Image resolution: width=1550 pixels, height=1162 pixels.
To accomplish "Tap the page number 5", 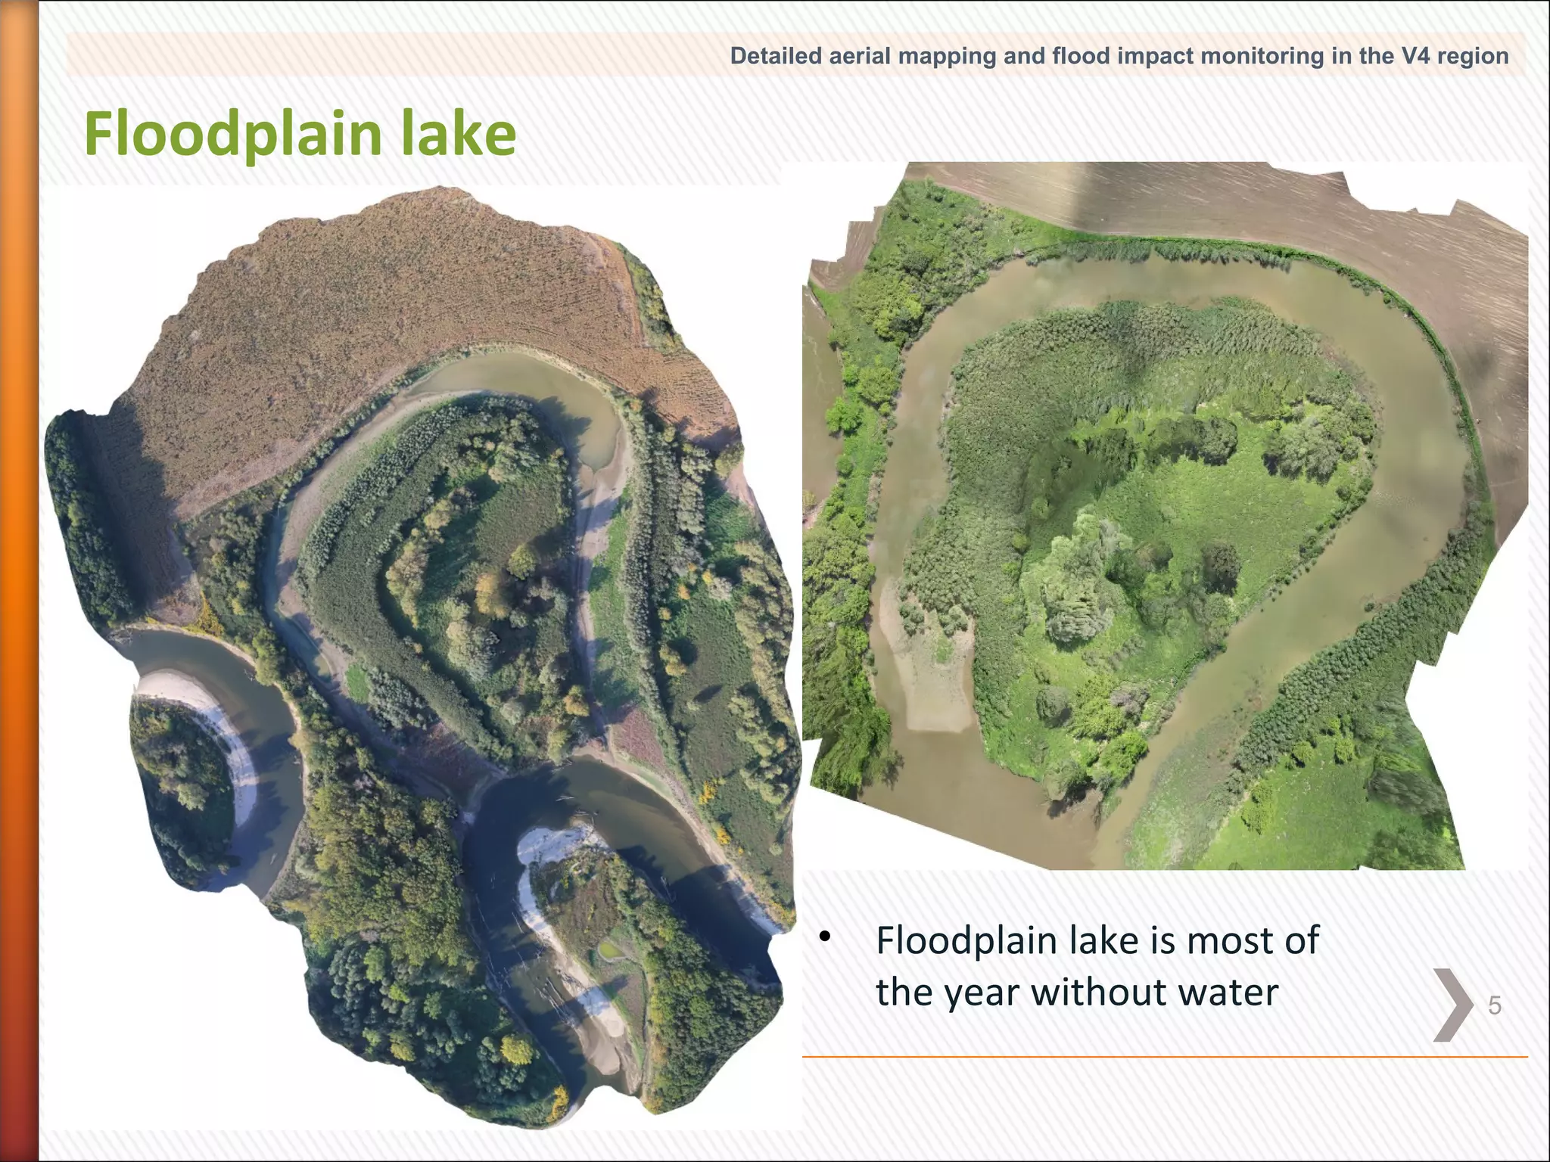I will [x=1495, y=1005].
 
